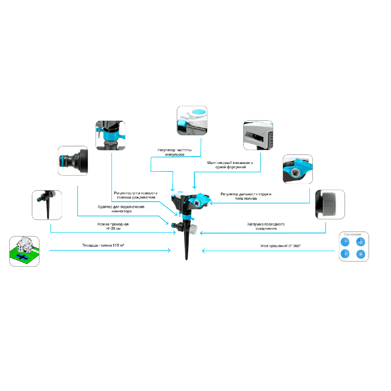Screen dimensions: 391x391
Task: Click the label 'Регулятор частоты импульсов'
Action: (174, 152)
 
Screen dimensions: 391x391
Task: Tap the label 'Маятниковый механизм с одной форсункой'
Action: (230, 165)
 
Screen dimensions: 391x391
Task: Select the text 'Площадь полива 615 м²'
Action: (103, 245)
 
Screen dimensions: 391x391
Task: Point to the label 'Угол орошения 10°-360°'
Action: (281, 246)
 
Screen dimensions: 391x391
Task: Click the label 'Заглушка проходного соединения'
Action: (266, 226)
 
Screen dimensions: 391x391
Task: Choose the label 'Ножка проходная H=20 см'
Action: (113, 226)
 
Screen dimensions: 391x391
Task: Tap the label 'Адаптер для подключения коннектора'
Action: (121, 209)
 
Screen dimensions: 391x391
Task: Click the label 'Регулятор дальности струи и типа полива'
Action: (246, 196)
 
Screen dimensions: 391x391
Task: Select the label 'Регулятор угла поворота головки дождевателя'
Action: (136, 195)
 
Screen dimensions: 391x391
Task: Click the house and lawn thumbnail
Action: (24, 251)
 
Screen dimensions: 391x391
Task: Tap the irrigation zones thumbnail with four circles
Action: (354, 247)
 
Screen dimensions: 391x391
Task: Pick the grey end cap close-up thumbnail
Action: (330, 204)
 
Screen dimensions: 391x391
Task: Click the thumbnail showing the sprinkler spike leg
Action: (47, 205)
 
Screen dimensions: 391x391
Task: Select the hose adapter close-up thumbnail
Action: (73, 161)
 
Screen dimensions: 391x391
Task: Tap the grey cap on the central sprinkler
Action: (194, 229)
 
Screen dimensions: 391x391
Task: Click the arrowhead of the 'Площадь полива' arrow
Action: (169, 250)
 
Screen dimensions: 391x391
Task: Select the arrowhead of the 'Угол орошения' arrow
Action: (203, 251)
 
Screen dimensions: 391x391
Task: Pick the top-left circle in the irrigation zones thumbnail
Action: (345, 242)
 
